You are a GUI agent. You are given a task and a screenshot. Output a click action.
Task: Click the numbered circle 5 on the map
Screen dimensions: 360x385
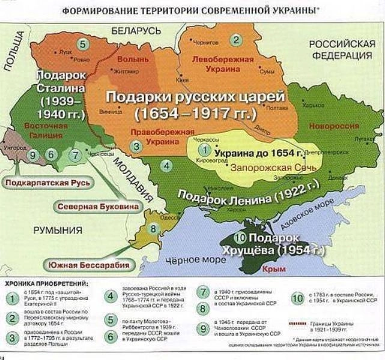[x=83, y=43]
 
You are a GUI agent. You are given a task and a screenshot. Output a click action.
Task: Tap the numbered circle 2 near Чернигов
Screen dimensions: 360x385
[x=237, y=40]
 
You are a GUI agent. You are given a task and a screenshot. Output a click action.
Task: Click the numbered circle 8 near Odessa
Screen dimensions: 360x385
[x=154, y=229]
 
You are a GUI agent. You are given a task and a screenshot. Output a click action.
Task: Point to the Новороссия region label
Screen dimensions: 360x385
[x=333, y=127]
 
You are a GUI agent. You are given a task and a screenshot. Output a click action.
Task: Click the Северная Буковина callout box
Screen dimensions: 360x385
[x=99, y=206]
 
